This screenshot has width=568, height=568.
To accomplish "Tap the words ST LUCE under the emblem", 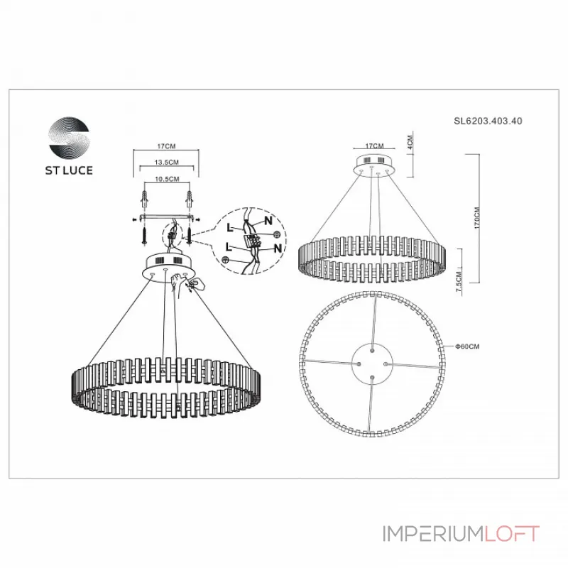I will (x=70, y=170).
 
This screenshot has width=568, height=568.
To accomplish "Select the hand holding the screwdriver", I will (x=192, y=285).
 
